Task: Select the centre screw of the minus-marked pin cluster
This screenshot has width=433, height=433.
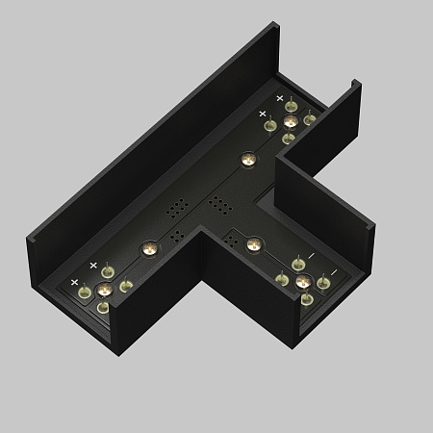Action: tap(303, 281)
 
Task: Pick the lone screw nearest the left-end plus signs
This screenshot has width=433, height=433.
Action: tap(148, 249)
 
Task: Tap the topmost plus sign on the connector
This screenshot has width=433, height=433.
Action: tap(280, 98)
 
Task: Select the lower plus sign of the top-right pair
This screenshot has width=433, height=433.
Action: tap(262, 114)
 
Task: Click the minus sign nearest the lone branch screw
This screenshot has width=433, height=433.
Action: tap(310, 258)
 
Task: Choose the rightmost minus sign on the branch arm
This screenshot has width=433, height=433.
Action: tap(332, 272)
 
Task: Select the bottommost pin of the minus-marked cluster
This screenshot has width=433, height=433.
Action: tap(306, 299)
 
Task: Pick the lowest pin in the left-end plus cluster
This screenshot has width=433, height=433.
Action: tap(103, 308)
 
